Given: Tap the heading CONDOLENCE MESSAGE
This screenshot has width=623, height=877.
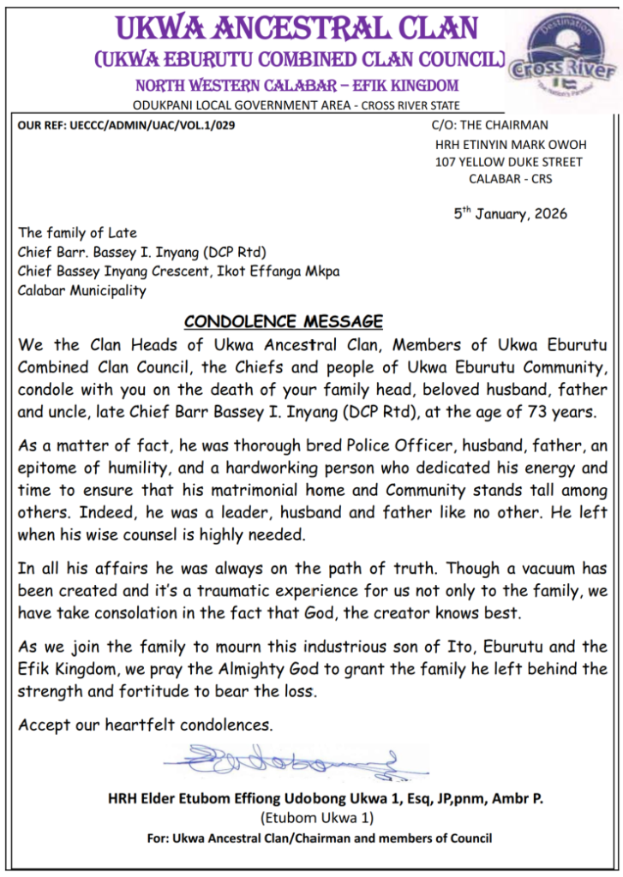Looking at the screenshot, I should coord(284,322).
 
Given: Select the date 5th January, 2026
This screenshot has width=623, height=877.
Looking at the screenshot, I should coord(510,212).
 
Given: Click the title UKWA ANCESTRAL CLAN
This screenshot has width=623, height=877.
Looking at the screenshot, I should coord(297,27).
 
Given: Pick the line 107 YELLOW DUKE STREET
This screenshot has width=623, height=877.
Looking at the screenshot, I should coord(509,162).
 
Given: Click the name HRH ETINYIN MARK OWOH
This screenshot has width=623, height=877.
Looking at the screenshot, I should coord(509,144).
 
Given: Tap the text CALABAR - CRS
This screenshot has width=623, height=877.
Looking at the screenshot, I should coord(511,179).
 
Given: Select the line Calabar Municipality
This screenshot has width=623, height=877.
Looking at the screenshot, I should coord(82,290).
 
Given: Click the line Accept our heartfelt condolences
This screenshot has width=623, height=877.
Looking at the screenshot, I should coord(146,725).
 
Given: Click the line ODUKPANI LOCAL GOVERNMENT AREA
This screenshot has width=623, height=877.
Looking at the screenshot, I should coord(297,105).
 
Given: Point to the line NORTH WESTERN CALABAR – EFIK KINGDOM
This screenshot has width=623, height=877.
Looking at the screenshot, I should coord(297,86).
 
